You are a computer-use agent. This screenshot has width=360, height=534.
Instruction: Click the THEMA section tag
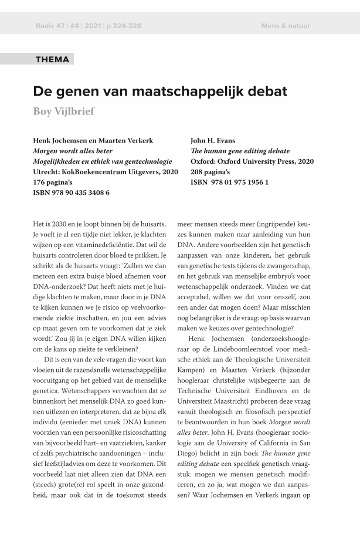(x=52, y=59)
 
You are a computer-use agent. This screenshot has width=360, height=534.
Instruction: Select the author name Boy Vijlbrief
(x=63, y=111)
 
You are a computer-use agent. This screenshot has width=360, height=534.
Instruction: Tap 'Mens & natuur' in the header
(x=286, y=26)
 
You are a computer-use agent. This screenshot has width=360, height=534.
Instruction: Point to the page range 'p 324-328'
(x=123, y=26)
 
